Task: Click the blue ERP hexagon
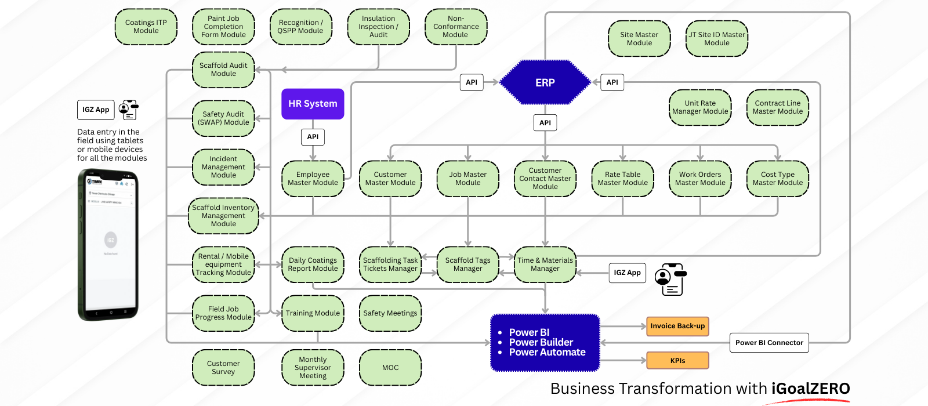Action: [545, 82]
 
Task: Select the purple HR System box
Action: [313, 104]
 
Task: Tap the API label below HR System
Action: [313, 137]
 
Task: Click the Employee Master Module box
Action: [313, 179]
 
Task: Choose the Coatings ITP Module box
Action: [146, 27]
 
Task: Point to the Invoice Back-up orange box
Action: [677, 326]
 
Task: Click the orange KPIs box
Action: [677, 361]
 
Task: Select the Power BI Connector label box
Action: [769, 343]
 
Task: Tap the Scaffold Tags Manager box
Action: [467, 264]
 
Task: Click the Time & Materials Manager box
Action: [545, 264]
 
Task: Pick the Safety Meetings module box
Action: [390, 313]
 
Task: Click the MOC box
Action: [390, 368]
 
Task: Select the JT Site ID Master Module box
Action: [717, 39]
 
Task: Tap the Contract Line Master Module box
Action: [778, 107]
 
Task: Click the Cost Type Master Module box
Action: [778, 179]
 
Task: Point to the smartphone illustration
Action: [108, 245]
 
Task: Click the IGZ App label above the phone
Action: [96, 110]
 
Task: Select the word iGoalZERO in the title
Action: [810, 389]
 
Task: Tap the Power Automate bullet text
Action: [547, 352]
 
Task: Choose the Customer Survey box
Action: [223, 368]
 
